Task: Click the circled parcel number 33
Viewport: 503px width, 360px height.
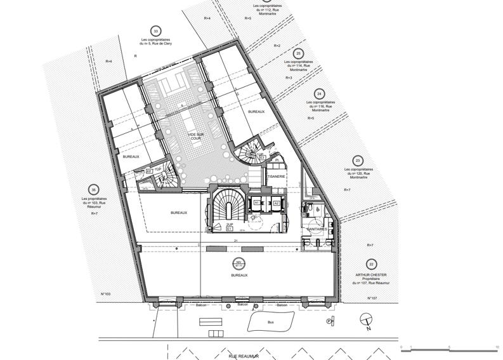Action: [155, 30]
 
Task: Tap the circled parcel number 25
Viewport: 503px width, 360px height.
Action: [299, 53]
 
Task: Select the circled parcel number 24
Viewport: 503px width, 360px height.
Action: [319, 93]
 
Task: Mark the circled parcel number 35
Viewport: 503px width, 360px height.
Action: [93, 190]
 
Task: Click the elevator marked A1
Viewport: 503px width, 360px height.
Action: [258, 203]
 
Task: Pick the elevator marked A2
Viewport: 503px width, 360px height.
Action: [277, 203]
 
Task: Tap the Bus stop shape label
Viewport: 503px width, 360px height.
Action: [271, 323]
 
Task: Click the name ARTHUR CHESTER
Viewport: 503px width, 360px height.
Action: [370, 275]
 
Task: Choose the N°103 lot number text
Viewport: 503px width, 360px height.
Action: [106, 294]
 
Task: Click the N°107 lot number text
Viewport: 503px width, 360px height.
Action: [372, 298]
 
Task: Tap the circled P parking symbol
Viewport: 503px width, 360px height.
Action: [329, 322]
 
